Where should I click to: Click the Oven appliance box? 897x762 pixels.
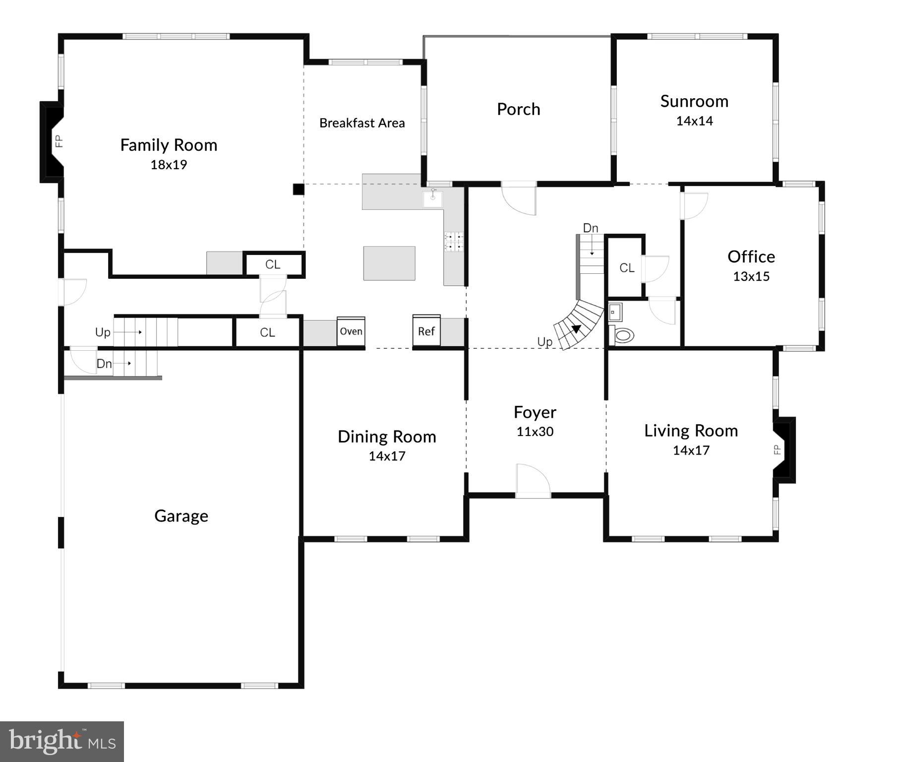[351, 331]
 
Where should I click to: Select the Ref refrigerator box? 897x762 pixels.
[426, 330]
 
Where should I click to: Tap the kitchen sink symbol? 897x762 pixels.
[433, 198]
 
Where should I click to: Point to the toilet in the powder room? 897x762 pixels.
[623, 335]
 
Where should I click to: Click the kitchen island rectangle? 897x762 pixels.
[389, 263]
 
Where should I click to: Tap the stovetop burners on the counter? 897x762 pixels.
[453, 242]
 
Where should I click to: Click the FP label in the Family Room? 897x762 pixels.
[59, 141]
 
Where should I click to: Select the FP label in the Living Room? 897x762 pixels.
[777, 449]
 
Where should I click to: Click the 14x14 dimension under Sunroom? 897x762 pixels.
[694, 121]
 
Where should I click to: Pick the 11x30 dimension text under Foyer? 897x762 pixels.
[535, 432]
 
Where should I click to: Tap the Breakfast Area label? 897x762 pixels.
[361, 123]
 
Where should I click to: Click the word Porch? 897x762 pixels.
[518, 109]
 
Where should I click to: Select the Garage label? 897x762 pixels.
[181, 516]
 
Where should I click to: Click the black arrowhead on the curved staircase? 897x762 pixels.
[576, 328]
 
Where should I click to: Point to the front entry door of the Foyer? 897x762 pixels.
[533, 481]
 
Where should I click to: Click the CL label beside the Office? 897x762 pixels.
[626, 268]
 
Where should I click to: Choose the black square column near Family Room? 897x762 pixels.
[298, 189]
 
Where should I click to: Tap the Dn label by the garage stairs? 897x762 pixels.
[104, 364]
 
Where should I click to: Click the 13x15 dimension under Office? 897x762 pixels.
[751, 276]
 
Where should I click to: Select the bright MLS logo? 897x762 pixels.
[62, 741]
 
